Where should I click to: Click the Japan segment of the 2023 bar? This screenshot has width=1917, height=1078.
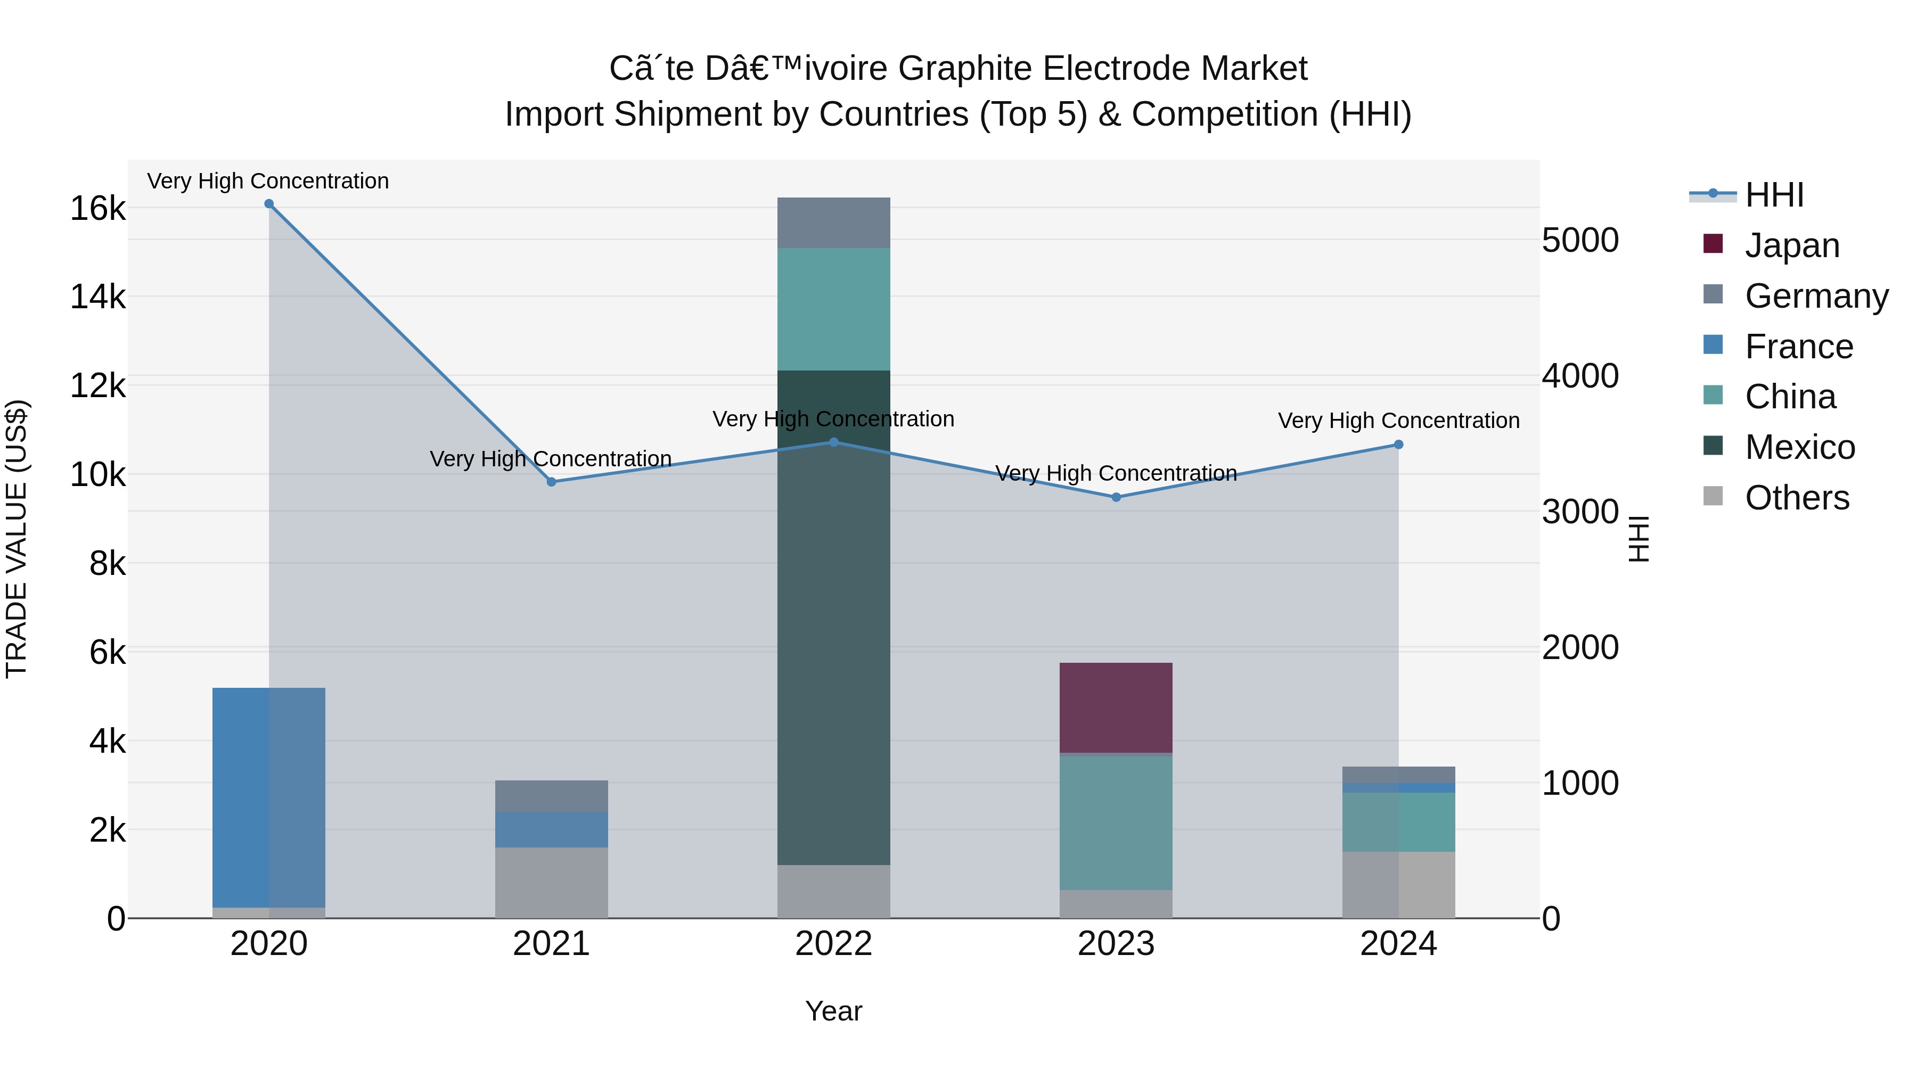(1116, 707)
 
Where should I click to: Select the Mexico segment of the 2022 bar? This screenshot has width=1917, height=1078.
(833, 618)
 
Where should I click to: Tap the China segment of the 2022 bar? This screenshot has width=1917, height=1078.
(833, 309)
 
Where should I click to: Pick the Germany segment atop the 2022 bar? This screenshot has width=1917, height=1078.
(833, 223)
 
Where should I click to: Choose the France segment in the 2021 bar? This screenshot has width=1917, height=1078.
(552, 829)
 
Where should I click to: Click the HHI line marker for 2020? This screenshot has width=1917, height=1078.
(269, 204)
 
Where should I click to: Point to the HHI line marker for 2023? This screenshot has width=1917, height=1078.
(1116, 497)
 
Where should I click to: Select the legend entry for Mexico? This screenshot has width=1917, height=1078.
(1799, 447)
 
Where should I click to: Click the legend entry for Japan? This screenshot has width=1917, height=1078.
(1791, 245)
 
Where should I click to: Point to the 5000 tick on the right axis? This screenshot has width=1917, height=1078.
(1579, 240)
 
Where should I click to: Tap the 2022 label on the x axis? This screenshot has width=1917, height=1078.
(833, 944)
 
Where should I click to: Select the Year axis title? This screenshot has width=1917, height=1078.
(833, 1011)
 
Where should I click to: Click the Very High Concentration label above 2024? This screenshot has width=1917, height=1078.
(1398, 421)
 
